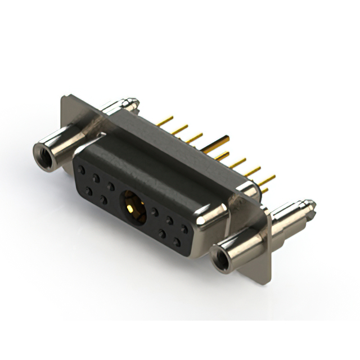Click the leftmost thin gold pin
pos(164,121)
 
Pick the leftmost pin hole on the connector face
pos(82,169)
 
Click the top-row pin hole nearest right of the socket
pos(155,212)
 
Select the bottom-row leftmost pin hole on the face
pos(89,191)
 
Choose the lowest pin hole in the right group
pos(177,242)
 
